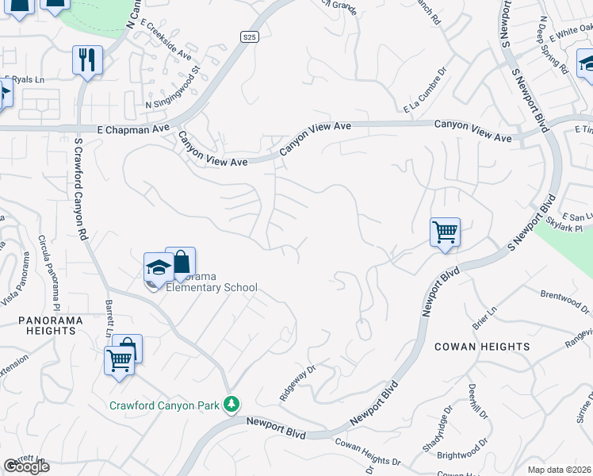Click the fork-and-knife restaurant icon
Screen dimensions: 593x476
(87, 60)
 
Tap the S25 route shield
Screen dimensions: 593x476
(250, 36)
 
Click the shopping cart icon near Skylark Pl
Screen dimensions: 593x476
(445, 232)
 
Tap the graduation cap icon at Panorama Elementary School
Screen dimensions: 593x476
(159, 267)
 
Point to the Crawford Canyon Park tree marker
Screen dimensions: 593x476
(231, 405)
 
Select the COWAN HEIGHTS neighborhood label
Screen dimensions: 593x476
(482, 347)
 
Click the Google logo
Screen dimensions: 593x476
(26, 466)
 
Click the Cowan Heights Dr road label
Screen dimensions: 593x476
(368, 451)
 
